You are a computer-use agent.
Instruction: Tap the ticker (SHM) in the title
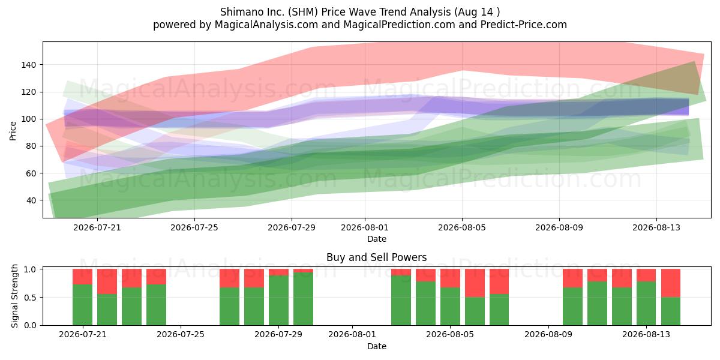303,12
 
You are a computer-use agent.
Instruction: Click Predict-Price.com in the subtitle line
524,25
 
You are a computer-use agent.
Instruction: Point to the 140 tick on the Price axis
28,65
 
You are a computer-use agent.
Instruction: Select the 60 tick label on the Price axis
31,173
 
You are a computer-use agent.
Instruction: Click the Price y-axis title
13,131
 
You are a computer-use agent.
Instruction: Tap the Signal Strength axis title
14,296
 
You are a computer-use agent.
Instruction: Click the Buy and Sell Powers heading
376,257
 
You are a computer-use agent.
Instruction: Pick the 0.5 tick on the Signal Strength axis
30,298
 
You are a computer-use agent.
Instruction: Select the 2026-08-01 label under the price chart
365,227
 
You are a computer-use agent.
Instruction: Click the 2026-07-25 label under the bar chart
181,334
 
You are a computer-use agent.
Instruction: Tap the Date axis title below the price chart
377,239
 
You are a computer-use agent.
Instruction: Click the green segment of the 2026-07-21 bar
83,305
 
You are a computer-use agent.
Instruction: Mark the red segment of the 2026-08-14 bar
671,283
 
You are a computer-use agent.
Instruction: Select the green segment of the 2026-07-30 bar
303,299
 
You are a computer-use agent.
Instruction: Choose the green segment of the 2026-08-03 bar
401,300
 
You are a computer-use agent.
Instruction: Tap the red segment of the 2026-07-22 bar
107,281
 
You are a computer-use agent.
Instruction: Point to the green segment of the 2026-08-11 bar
597,304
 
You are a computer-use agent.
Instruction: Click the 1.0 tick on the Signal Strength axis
30,269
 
